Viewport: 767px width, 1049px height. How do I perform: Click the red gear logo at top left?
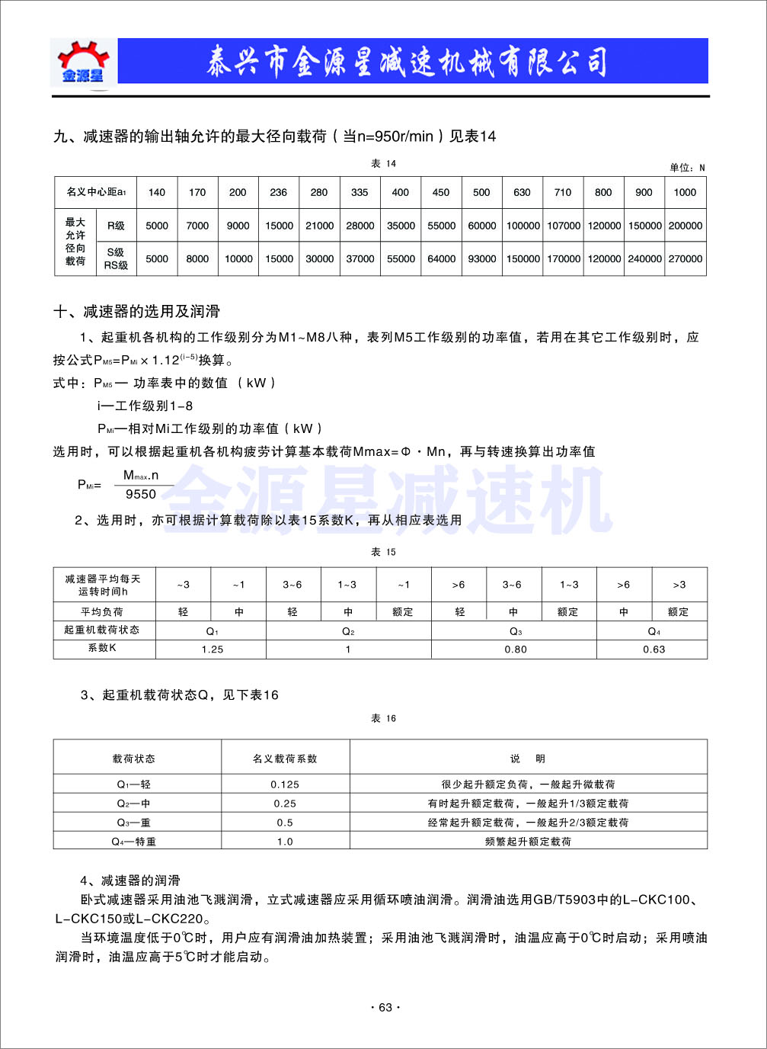83,61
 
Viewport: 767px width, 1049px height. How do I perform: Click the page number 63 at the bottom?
385,1007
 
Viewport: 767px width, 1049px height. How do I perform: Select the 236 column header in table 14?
279,192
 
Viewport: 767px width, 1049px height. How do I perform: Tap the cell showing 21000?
320,226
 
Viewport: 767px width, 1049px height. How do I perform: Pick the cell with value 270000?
686,258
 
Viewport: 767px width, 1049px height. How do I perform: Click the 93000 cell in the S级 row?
481,258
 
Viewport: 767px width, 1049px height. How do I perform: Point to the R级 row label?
116,226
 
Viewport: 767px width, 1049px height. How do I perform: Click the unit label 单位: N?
687,168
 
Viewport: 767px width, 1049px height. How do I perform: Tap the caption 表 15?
383,552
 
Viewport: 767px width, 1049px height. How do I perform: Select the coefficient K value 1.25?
212,650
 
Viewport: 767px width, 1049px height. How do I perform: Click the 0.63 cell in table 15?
654,650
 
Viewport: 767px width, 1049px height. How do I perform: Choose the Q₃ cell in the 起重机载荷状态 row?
515,631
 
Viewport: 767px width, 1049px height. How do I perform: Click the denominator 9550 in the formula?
141,494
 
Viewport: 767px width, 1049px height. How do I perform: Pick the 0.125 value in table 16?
285,784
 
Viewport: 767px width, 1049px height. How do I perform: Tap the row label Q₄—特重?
134,842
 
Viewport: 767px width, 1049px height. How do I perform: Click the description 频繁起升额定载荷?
528,842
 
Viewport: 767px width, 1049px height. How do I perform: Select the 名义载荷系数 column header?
285,759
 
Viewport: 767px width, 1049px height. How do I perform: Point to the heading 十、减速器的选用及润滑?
137,311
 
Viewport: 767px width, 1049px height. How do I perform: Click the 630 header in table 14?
522,192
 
